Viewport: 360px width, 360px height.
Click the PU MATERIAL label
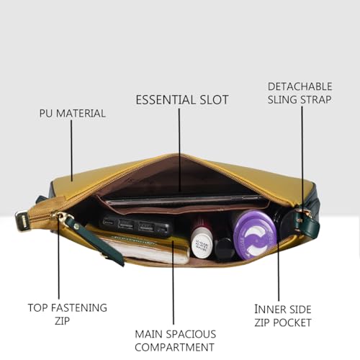(72, 114)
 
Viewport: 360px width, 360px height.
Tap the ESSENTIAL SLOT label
(182, 100)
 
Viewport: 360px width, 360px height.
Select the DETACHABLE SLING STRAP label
(300, 93)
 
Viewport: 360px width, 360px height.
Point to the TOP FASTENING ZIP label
(68, 314)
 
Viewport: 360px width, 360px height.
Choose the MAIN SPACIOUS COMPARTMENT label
(176, 341)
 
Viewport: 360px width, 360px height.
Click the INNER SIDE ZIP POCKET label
(283, 316)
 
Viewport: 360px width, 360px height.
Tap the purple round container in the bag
(254, 234)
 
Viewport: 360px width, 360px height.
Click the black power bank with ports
(136, 226)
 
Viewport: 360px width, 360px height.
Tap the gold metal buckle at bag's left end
(24, 220)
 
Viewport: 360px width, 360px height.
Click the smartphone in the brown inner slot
(186, 201)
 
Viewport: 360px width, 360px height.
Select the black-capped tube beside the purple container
(225, 249)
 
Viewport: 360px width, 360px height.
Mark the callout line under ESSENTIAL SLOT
(179, 150)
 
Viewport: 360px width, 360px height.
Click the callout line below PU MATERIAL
(71, 150)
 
